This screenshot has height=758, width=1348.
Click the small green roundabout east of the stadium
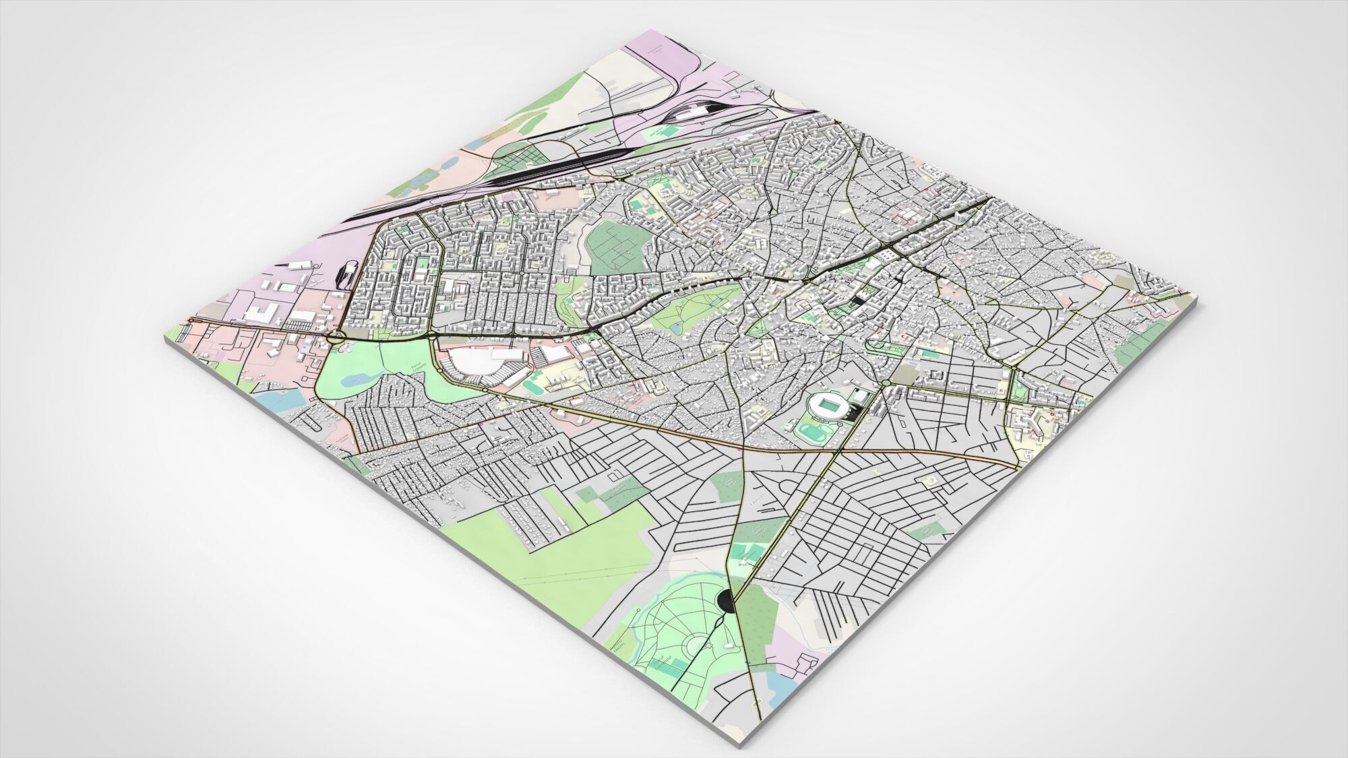885,383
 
